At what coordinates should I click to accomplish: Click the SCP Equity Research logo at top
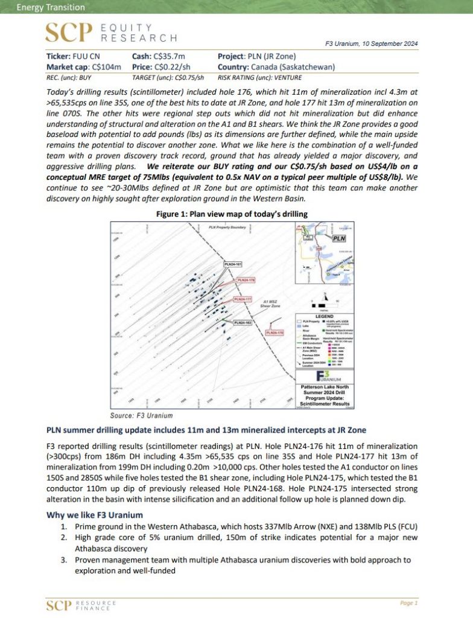click(112, 33)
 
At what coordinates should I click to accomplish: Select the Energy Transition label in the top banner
click(42, 8)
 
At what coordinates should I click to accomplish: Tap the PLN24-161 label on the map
click(233, 264)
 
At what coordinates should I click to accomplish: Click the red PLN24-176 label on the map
click(246, 280)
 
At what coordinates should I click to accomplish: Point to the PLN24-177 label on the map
click(242, 299)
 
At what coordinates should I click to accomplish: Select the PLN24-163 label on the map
click(243, 323)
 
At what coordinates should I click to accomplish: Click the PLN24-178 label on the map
click(275, 332)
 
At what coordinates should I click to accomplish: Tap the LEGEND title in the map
click(325, 316)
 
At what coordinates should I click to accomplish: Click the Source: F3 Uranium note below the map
click(141, 415)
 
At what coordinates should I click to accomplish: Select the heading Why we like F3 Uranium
click(94, 515)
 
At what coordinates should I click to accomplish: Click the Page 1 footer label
click(408, 602)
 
